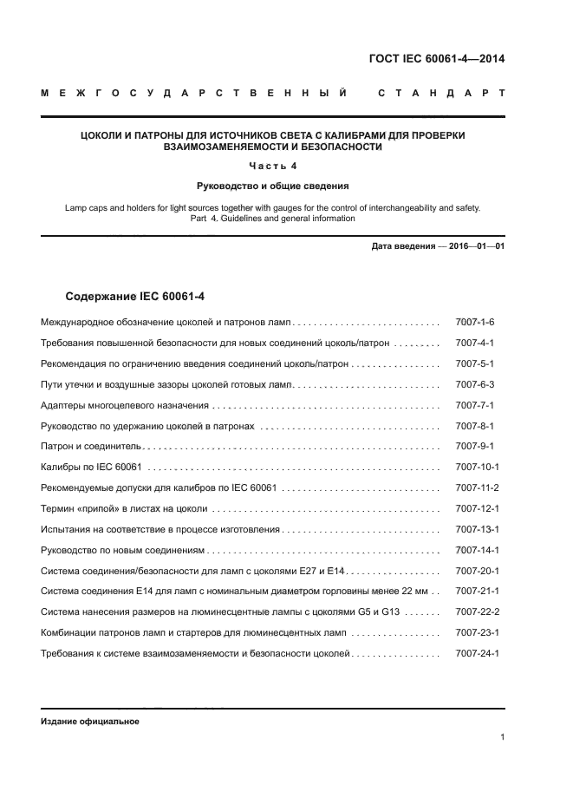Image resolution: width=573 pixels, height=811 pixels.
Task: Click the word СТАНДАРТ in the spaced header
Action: pyautogui.click(x=440, y=93)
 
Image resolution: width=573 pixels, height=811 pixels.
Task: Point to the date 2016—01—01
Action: pyautogui.click(x=476, y=246)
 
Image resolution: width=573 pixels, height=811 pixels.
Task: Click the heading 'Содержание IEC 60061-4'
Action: pyautogui.click(x=135, y=297)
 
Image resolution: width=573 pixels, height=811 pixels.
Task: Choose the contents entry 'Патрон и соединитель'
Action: pyautogui.click(x=91, y=446)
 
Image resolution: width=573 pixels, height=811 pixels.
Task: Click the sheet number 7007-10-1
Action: pyautogui.click(x=477, y=467)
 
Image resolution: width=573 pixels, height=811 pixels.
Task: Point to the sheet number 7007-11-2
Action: pyautogui.click(x=477, y=487)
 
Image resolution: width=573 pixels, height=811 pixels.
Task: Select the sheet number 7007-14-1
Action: pyautogui.click(x=477, y=550)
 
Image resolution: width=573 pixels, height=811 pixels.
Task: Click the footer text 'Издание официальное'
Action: pyautogui.click(x=90, y=722)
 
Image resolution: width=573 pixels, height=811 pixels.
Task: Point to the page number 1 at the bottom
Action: pyautogui.click(x=503, y=737)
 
